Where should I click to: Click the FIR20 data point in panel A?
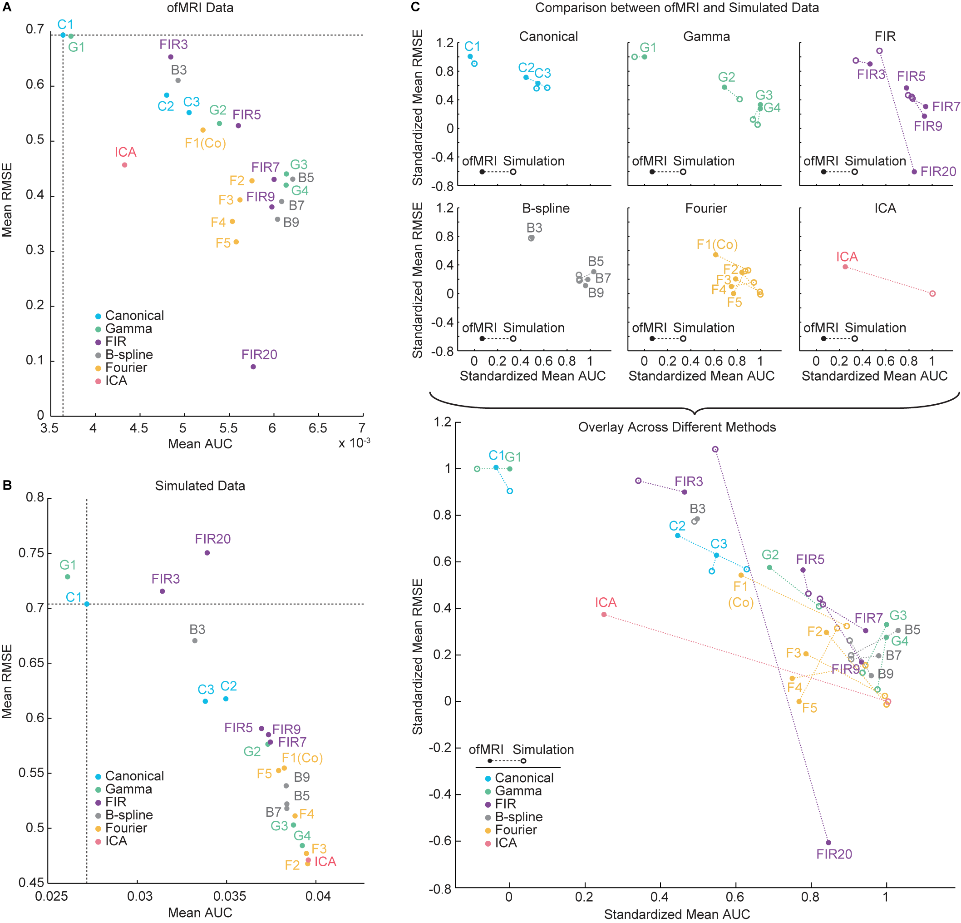[x=253, y=367]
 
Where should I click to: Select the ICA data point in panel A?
[x=124, y=165]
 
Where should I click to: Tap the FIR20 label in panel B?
[x=212, y=539]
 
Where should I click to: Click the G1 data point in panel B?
[x=68, y=576]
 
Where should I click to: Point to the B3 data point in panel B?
[x=195, y=640]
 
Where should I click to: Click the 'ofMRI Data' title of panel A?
[x=200, y=7]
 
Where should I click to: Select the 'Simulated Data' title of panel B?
[x=200, y=485]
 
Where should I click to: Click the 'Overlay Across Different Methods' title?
[x=677, y=427]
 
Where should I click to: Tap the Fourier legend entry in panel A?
[x=126, y=367]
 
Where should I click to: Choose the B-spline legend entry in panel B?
[x=128, y=814]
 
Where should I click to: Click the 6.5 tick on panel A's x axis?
[x=318, y=428]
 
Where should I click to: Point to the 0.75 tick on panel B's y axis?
[x=31, y=553]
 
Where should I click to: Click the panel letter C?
[x=415, y=7]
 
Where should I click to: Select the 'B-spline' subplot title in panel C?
[x=546, y=208]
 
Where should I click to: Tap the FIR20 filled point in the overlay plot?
[x=828, y=843]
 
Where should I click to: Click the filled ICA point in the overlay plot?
[x=604, y=615]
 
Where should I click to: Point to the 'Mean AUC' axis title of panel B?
[x=200, y=912]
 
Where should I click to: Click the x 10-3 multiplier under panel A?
[x=354, y=443]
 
